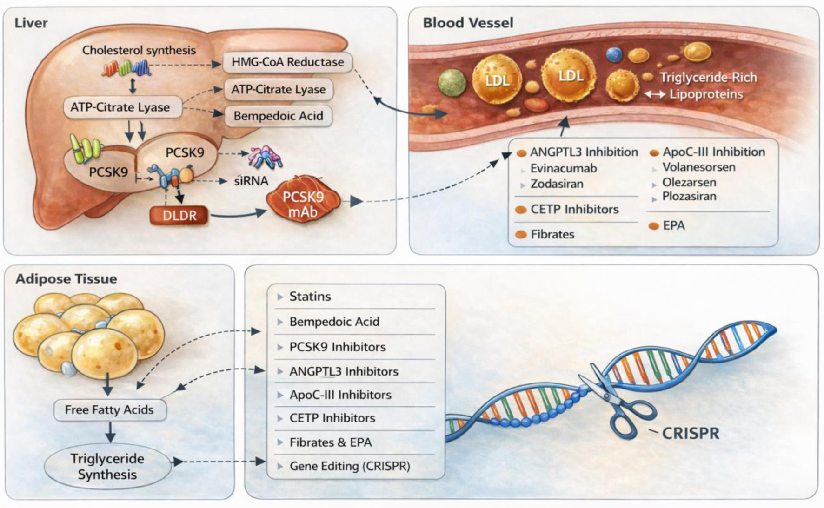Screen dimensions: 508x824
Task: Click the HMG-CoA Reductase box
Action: pyautogui.click(x=287, y=62)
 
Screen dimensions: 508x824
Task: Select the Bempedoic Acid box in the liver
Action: pyautogui.click(x=278, y=116)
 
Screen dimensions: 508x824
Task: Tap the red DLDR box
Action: pyautogui.click(x=179, y=216)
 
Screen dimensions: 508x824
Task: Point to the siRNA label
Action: pyautogui.click(x=251, y=181)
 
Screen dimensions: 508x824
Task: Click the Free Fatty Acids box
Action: pyautogui.click(x=109, y=410)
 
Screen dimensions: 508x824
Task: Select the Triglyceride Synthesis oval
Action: pyautogui.click(x=107, y=466)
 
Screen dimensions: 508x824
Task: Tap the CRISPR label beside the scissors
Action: pyautogui.click(x=691, y=433)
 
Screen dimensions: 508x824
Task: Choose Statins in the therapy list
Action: pyautogui.click(x=310, y=297)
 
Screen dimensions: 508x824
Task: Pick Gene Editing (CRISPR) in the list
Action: pyautogui.click(x=350, y=466)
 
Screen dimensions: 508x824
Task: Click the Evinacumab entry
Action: pyautogui.click(x=564, y=168)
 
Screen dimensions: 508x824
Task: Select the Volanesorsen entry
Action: pyautogui.click(x=699, y=167)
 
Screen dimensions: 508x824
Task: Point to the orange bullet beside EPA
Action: pyautogui.click(x=654, y=226)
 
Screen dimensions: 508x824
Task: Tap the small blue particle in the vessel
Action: pyautogui.click(x=614, y=54)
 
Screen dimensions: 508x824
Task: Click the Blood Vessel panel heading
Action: pyautogui.click(x=468, y=23)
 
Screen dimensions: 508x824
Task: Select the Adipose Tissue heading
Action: pyautogui.click(x=66, y=279)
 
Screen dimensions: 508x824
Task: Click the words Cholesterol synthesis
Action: pyautogui.click(x=139, y=50)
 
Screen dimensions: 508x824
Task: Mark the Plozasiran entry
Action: pyautogui.click(x=689, y=197)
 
